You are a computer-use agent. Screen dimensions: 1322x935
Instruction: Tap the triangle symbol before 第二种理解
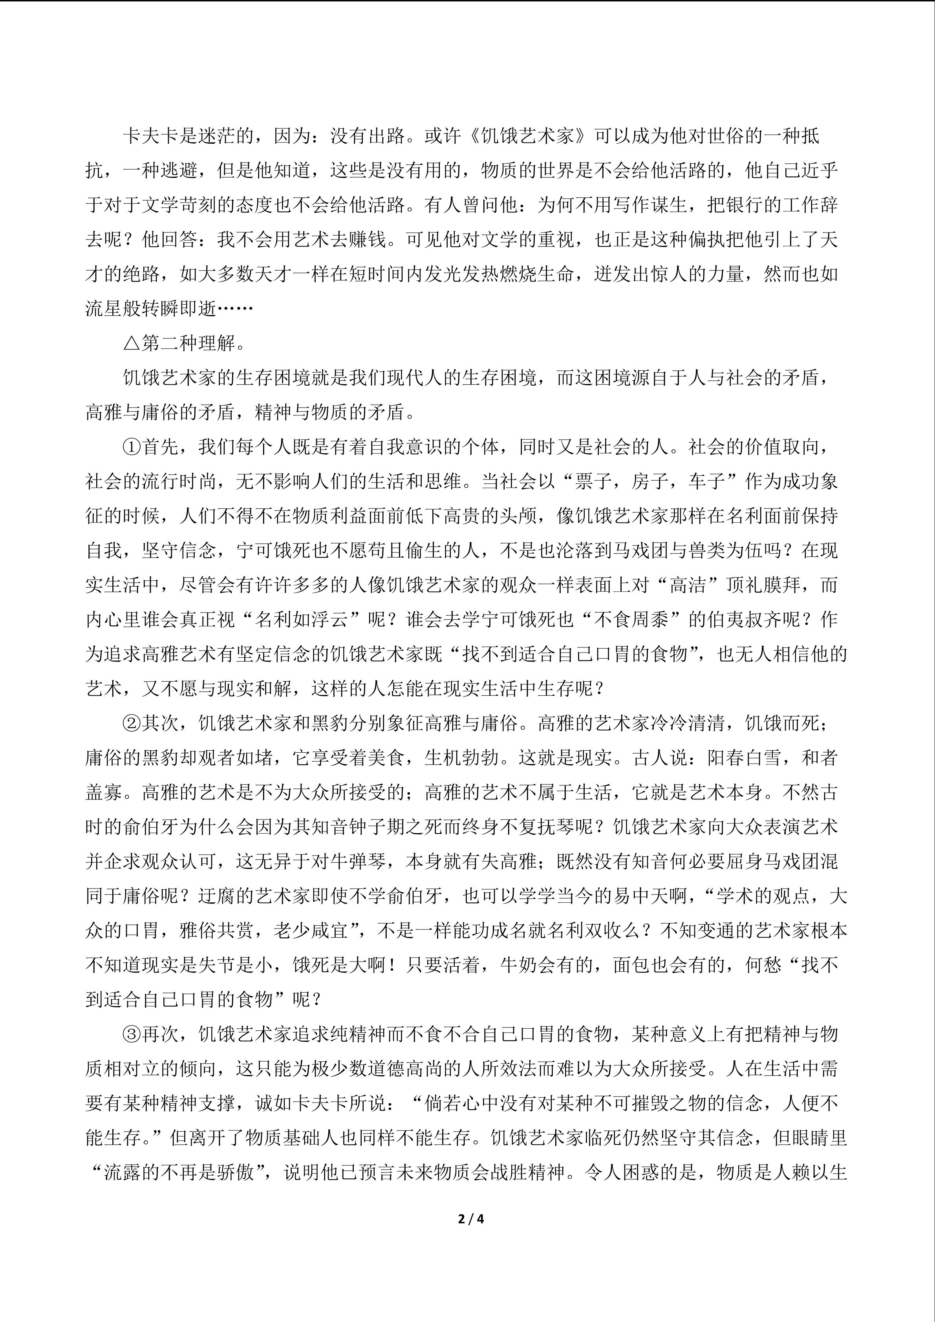click(x=131, y=344)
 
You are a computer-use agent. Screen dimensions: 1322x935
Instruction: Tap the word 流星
click(x=104, y=309)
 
